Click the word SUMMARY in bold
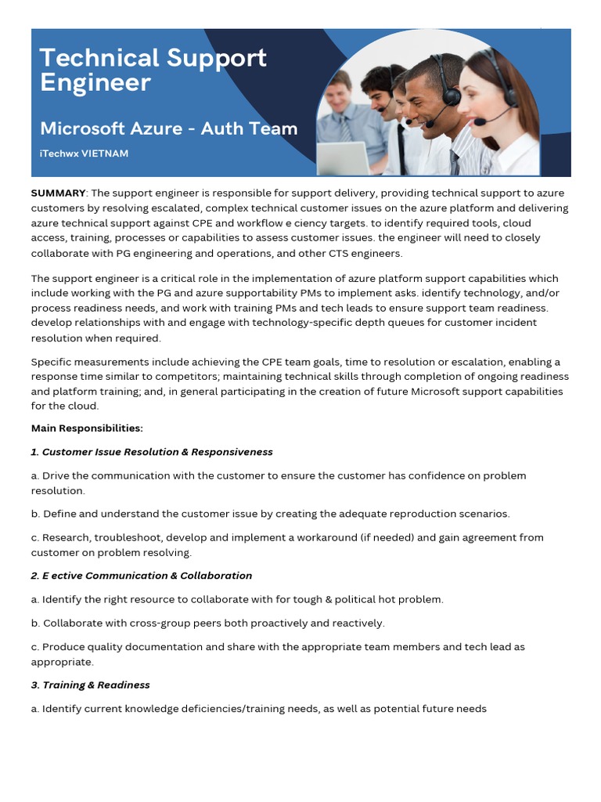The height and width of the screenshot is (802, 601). click(x=58, y=193)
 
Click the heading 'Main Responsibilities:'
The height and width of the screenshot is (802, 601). click(x=87, y=428)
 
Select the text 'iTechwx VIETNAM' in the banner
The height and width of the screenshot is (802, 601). click(x=84, y=154)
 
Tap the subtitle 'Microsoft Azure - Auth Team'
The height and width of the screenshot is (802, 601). click(x=168, y=128)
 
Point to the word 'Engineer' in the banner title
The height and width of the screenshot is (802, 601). click(x=95, y=82)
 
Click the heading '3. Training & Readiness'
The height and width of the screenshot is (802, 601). click(x=90, y=685)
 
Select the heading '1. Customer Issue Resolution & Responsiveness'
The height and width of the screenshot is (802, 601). click(x=152, y=452)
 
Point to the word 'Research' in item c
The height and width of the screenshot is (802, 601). click(x=66, y=538)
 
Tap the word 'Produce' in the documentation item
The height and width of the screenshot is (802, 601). click(x=65, y=647)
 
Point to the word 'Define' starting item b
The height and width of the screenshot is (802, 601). click(x=61, y=515)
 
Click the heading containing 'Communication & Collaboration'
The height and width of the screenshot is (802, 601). click(x=141, y=576)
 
